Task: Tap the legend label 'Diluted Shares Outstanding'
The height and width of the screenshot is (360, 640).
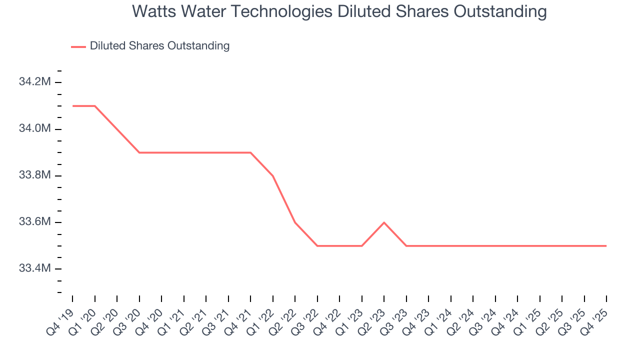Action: point(159,46)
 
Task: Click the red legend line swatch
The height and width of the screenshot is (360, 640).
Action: point(78,46)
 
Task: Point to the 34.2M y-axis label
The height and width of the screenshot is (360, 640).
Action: point(34,82)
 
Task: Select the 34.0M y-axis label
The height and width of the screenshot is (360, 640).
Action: point(34,129)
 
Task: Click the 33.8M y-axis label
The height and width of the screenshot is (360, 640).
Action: point(34,175)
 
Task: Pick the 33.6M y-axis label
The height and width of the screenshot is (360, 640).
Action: point(34,222)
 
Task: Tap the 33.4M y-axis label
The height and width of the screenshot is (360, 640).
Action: point(34,268)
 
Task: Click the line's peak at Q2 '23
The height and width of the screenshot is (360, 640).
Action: point(384,222)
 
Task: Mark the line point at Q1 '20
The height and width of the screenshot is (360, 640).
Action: point(95,106)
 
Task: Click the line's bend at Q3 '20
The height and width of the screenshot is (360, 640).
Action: point(139,152)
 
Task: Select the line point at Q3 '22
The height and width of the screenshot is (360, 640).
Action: point(317,245)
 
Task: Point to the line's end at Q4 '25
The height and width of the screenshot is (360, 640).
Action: point(606,245)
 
